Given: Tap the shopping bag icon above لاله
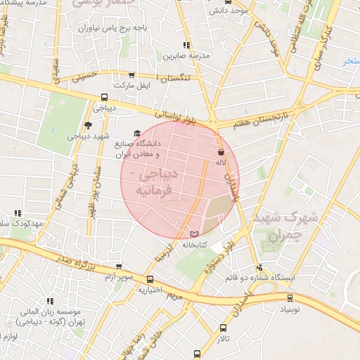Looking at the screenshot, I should coord(221,151).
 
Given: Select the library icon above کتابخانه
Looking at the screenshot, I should coord(195,233).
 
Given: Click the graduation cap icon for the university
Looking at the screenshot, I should coord(136,134).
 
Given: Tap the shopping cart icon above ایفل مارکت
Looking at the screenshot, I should coord(131,75).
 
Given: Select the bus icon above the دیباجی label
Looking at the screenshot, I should coord(104,98).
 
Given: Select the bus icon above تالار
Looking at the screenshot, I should coord(224,327).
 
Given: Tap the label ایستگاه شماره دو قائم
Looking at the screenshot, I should coord(259,278).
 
